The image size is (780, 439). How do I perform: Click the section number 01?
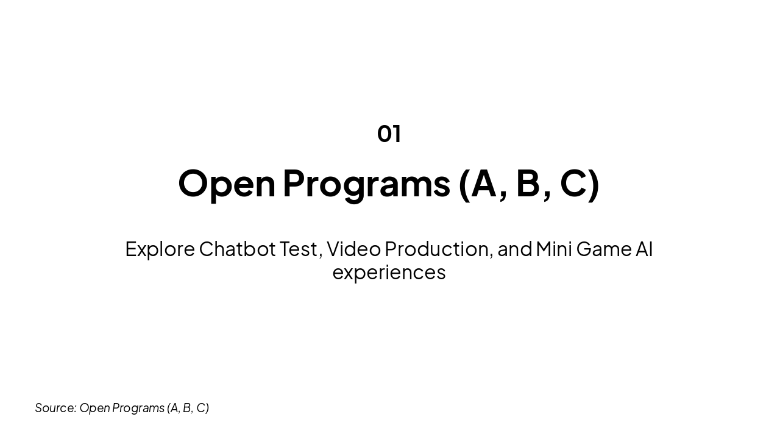point(389,134)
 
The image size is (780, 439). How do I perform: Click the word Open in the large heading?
point(227,183)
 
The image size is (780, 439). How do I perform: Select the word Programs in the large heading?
point(366,183)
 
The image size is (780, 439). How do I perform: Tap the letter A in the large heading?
point(484,182)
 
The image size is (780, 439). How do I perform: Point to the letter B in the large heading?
point(528,182)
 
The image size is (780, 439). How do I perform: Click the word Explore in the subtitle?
point(160,249)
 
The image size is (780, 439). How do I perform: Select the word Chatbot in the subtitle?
point(237,249)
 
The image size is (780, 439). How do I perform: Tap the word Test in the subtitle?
point(299,249)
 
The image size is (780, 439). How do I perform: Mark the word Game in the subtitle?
point(604,249)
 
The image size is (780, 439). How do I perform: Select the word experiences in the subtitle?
point(389,273)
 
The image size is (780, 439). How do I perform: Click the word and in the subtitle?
point(515,249)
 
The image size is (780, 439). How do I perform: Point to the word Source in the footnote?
point(55,408)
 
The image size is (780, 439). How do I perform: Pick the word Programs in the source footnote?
point(138,408)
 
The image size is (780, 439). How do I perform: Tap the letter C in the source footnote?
point(201,408)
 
